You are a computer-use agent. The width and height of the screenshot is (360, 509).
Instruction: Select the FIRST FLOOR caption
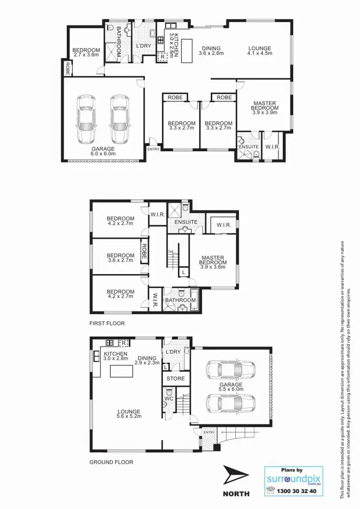tap(107, 324)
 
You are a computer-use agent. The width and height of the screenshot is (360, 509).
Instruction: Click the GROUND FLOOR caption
tap(111, 462)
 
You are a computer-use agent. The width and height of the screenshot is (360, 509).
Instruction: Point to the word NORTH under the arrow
tap(236, 494)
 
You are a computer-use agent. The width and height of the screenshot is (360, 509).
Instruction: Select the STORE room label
tap(175, 379)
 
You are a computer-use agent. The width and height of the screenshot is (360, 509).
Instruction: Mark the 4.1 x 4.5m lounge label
tap(260, 51)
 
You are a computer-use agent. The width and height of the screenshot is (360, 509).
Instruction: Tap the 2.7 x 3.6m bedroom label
tap(86, 53)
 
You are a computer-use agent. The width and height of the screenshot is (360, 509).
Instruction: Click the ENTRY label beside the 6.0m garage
tap(154, 149)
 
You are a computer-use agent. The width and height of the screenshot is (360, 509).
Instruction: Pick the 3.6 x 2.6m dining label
tap(211, 51)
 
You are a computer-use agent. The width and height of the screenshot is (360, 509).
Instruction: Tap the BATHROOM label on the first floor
tap(180, 301)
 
